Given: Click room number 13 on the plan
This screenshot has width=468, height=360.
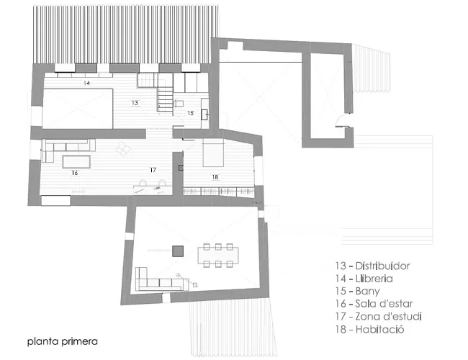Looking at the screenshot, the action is coord(135,103).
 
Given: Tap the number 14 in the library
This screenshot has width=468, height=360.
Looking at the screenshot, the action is coord(86,83).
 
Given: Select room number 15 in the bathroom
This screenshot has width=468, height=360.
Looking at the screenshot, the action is coord(190,113).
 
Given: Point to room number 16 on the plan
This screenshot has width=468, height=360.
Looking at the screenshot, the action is coord(75,173).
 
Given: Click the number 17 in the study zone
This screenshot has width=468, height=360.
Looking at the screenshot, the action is coord(153,170).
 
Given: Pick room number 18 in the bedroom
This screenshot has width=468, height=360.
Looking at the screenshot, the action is coord(215,177).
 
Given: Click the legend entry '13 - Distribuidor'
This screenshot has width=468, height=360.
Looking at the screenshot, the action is coord(372,266).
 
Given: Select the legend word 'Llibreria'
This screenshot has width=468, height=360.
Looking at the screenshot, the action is coord(374,279).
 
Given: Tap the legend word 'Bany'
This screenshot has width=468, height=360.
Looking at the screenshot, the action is coord(367,292).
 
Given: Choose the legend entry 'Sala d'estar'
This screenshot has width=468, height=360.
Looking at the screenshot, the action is coord(384,304).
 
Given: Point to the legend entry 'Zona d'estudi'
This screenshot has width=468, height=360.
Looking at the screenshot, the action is coord(388,316).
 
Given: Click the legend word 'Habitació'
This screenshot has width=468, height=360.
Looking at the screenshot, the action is coord(379,329).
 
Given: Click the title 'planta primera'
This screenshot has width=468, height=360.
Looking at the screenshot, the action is coord(63,341).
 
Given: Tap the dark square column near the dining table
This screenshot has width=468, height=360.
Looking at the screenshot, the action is coord(178,251).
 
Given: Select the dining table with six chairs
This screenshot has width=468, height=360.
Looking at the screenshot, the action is coord(218,256).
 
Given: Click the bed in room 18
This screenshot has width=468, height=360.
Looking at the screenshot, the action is coord(213,153).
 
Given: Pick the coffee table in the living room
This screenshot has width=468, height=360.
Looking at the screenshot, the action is coord(76,162).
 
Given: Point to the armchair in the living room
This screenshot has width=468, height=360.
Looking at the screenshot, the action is coord(123,148).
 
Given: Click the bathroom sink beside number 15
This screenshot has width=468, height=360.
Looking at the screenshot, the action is coord(205,114).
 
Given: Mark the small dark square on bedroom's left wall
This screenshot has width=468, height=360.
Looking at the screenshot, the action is coord(181,168).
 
